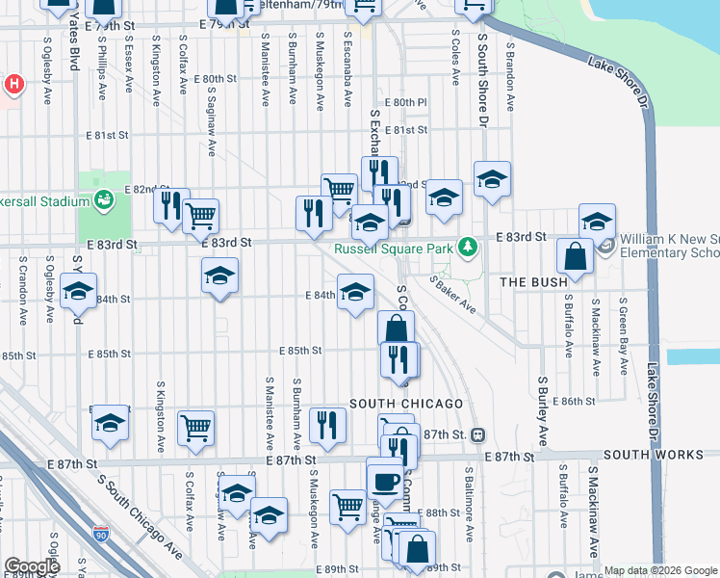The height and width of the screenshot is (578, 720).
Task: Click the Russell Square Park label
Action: (395, 249)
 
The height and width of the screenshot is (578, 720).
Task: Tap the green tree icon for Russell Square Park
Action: (468, 248)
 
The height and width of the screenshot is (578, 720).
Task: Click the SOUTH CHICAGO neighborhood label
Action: (406, 403)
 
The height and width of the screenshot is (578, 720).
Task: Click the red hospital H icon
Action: (13, 84)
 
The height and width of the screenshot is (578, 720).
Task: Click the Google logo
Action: (33, 566)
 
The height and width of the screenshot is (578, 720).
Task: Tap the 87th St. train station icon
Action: (476, 434)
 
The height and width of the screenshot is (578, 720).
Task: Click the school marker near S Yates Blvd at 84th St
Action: (79, 290)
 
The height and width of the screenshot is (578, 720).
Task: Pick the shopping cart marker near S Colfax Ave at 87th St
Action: (195, 426)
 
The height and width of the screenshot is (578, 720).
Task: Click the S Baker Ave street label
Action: (452, 295)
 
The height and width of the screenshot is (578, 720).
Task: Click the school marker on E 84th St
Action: (355, 292)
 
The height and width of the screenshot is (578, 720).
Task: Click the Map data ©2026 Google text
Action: (660, 570)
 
